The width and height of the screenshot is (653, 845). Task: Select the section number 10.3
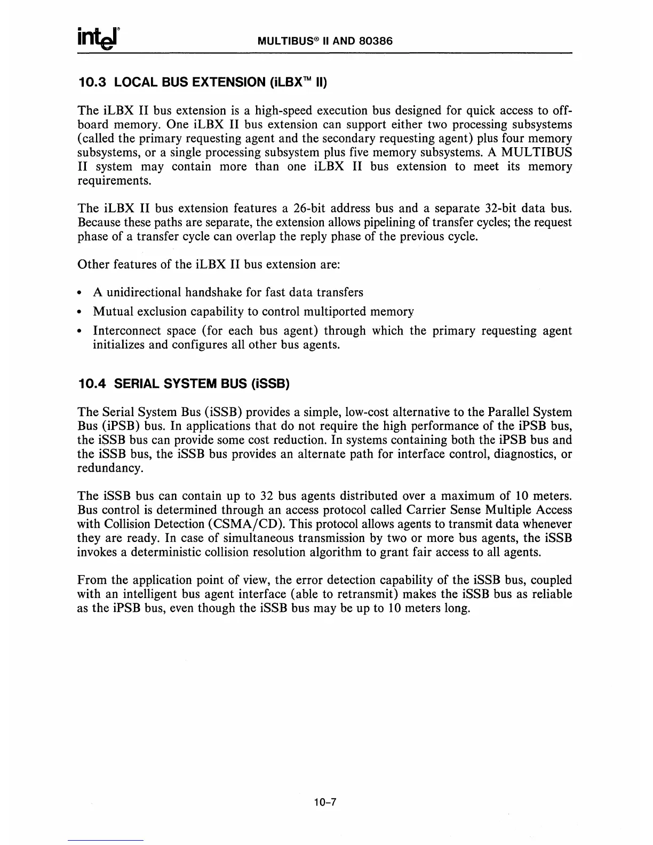click(x=92, y=83)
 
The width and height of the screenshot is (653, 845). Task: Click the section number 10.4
click(x=92, y=384)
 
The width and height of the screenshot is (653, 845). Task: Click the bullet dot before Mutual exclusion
click(x=80, y=312)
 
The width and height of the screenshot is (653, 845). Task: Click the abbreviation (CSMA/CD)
click(x=245, y=524)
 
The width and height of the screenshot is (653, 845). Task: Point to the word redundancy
click(x=109, y=468)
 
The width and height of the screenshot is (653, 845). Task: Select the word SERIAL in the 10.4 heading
click(x=137, y=384)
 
